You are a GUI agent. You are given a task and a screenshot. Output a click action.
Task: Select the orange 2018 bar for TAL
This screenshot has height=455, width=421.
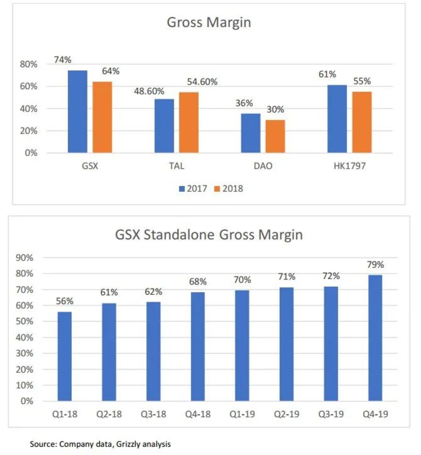(x=189, y=122)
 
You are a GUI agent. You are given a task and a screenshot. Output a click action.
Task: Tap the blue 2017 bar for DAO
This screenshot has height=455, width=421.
(x=250, y=133)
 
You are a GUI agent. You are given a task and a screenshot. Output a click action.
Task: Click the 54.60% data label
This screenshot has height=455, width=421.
(x=202, y=82)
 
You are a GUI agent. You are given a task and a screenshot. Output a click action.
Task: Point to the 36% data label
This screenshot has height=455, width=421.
(x=244, y=103)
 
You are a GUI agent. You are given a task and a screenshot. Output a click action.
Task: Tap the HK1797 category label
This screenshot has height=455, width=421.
(x=349, y=166)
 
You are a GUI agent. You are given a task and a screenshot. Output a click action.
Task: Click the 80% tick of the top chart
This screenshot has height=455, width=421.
(x=29, y=64)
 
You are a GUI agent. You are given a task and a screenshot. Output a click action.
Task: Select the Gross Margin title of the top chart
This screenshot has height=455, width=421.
(x=209, y=23)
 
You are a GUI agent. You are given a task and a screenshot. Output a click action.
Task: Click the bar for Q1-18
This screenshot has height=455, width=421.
(x=64, y=356)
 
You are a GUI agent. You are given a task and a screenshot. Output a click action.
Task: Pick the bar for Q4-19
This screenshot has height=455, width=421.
(x=375, y=338)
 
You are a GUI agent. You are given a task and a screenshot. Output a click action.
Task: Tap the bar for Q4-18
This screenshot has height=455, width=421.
(x=198, y=346)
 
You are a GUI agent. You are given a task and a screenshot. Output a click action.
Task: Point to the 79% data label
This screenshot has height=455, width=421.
(x=375, y=265)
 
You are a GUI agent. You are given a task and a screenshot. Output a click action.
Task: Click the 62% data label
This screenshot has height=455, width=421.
(x=153, y=292)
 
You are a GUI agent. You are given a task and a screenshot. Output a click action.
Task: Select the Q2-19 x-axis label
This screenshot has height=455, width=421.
(x=286, y=414)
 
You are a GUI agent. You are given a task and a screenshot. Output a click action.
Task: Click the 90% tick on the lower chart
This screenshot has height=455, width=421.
(x=25, y=258)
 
